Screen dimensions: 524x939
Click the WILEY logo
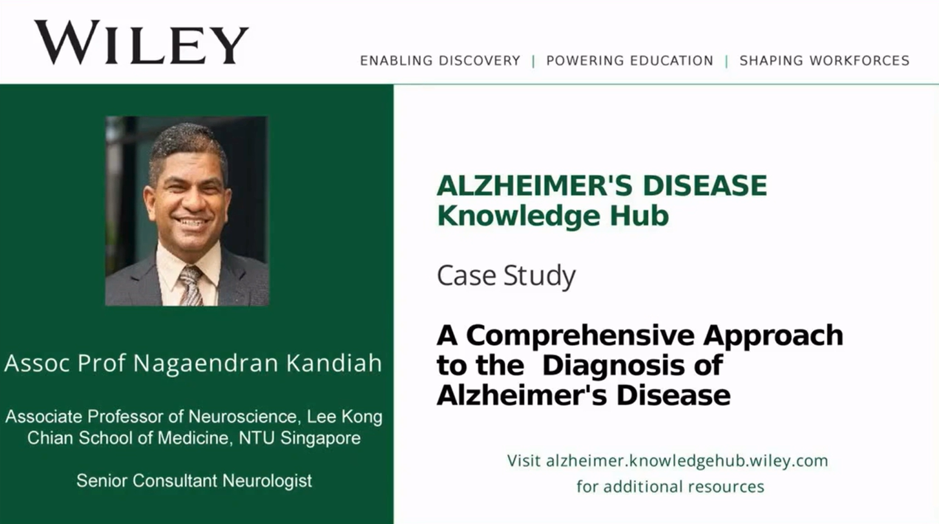pyautogui.click(x=141, y=43)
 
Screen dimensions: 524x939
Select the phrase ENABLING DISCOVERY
pyautogui.click(x=440, y=61)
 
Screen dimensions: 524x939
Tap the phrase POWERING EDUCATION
pyautogui.click(x=629, y=61)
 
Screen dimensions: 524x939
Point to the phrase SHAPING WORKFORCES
pyautogui.click(x=824, y=61)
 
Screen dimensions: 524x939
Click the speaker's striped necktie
pyautogui.click(x=191, y=285)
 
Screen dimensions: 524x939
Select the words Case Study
pyautogui.click(x=506, y=276)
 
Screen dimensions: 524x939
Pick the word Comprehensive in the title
pyautogui.click(x=580, y=335)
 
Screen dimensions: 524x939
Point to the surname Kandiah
pyautogui.click(x=334, y=363)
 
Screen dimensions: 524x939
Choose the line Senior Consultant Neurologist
pyautogui.click(x=194, y=481)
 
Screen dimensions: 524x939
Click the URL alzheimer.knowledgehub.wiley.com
pyautogui.click(x=687, y=461)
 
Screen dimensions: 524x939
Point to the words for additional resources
pyautogui.click(x=670, y=487)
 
